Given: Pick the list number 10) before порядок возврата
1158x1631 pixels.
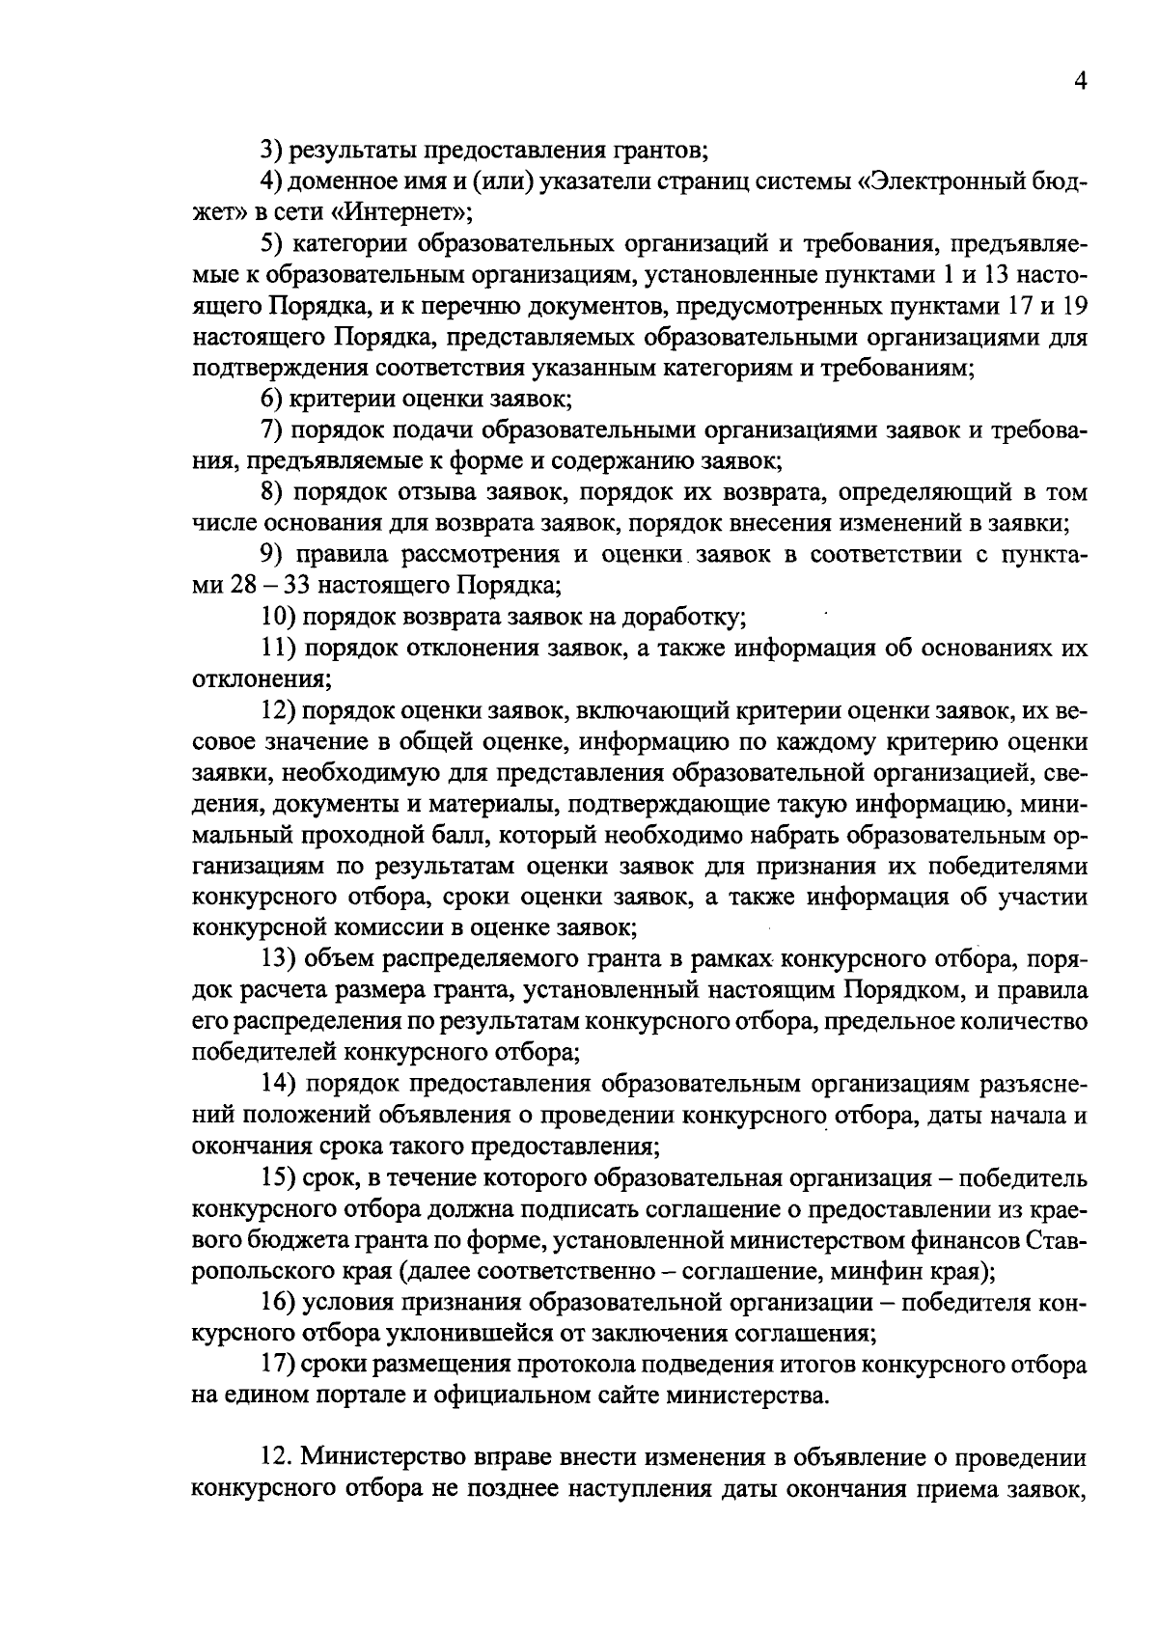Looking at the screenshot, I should click(x=279, y=616).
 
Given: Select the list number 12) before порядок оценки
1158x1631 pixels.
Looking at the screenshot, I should click(x=279, y=710).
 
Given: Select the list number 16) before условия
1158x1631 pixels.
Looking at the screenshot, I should click(x=279, y=1302).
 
